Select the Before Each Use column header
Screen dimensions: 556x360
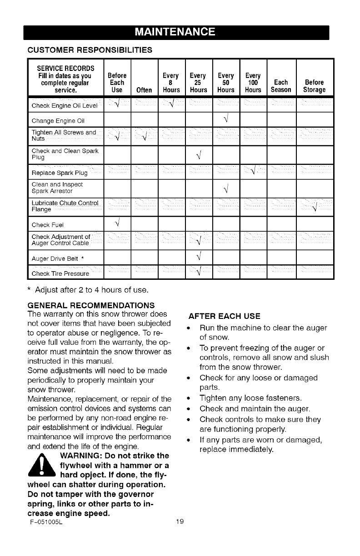tap(117, 82)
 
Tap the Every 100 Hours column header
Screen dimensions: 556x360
tap(253, 82)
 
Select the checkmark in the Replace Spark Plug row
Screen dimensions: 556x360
tap(253, 172)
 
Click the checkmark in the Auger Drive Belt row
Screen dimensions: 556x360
tap(198, 258)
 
